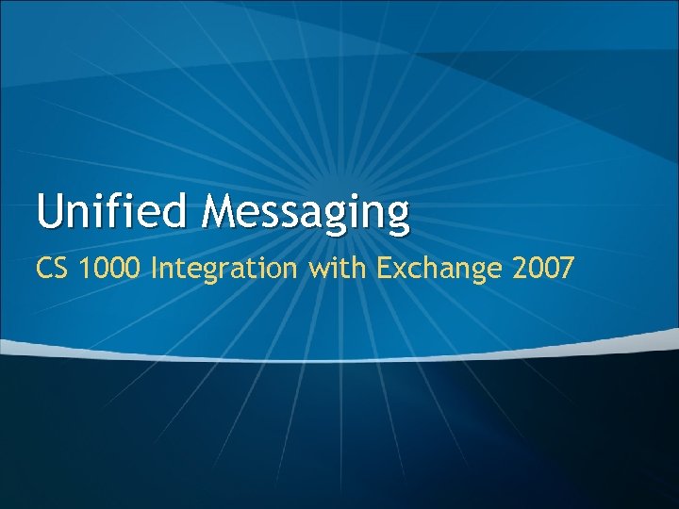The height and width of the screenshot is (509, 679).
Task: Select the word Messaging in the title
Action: [x=306, y=213]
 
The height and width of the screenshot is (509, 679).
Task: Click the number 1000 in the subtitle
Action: [x=113, y=269]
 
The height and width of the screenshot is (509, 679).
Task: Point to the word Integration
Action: [x=224, y=270]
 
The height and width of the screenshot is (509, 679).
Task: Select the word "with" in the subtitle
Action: [x=335, y=269]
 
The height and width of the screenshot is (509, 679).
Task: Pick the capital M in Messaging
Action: [x=218, y=211]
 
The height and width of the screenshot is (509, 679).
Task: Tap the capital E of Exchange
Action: [x=382, y=269]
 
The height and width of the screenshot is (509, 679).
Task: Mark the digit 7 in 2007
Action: [x=564, y=269]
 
